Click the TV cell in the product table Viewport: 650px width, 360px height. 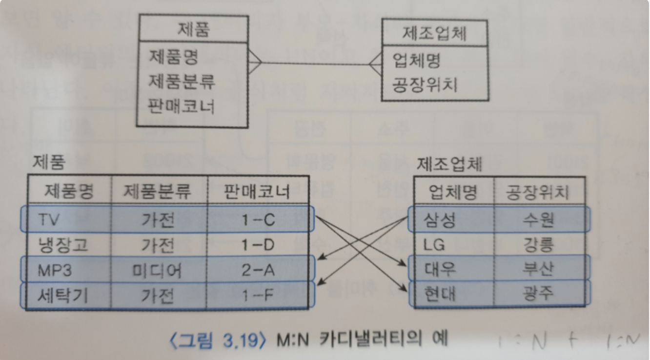(x=49, y=220)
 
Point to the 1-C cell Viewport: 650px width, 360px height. (x=258, y=220)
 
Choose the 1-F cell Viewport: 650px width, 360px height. (x=258, y=295)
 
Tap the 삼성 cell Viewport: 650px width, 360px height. (x=440, y=220)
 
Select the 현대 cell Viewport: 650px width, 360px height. (x=440, y=295)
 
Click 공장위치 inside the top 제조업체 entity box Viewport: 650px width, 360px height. (x=425, y=85)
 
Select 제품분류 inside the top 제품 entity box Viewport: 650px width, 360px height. (x=181, y=81)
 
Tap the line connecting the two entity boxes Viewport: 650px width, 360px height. (x=317, y=63)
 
